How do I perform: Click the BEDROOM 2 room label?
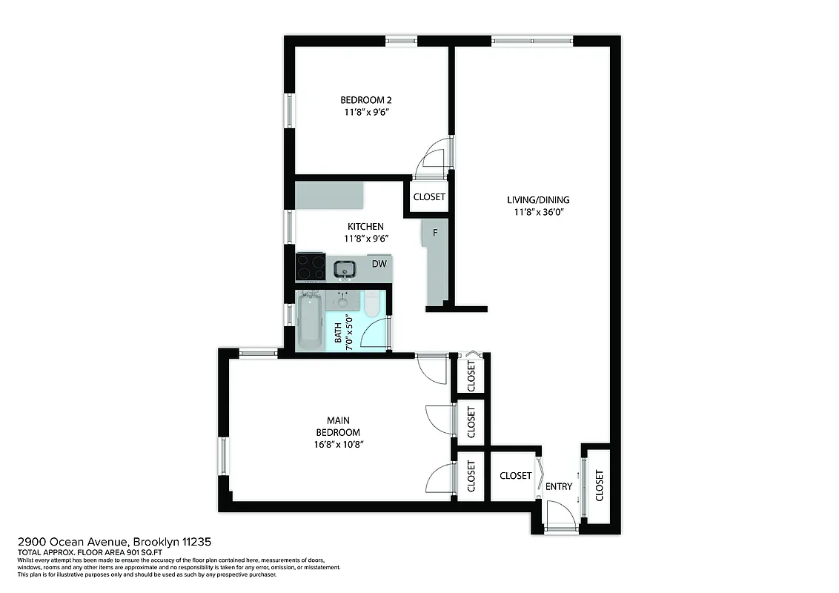point(365,100)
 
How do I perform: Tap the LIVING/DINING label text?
point(538,200)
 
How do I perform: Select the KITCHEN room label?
point(365,227)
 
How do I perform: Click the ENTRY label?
point(559,487)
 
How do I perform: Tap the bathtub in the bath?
point(310,322)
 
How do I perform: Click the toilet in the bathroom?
point(372,304)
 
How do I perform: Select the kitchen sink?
point(344,268)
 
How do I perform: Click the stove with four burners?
point(310,268)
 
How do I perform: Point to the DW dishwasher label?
point(379,264)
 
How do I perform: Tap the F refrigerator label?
point(435,233)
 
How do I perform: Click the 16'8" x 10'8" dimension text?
point(338,444)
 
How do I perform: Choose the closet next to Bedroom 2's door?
point(429,197)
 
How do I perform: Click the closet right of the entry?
point(599,485)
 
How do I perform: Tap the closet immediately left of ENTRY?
point(515,475)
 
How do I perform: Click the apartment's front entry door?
point(560,517)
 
